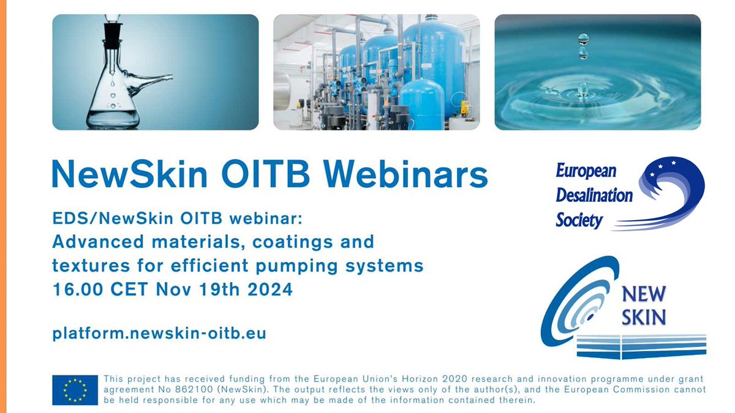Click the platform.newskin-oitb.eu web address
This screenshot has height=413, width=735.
[x=159, y=334]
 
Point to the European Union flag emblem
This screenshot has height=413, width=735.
[x=75, y=390]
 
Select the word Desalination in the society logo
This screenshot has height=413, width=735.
[x=594, y=195]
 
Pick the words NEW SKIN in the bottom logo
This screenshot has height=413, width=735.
[x=643, y=305]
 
